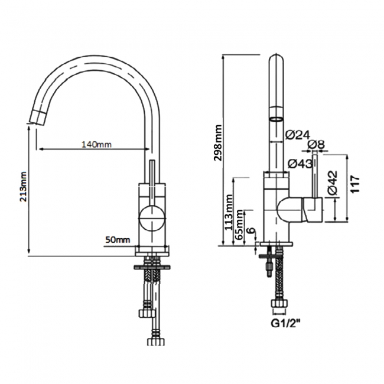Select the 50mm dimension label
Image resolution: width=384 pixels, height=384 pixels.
click(x=118, y=239)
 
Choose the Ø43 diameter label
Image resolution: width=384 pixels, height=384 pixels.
click(x=301, y=164)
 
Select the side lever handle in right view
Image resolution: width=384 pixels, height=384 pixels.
click(x=311, y=210)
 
